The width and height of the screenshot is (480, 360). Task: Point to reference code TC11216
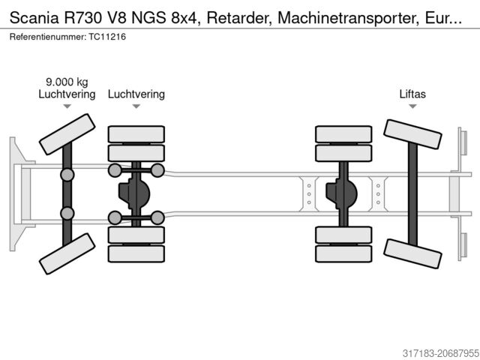[105, 37]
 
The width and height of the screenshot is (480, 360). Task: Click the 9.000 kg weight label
[67, 82]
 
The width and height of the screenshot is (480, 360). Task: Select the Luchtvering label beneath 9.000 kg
[67, 94]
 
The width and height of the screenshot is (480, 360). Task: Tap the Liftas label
[412, 94]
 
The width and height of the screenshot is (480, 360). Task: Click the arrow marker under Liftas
[412, 107]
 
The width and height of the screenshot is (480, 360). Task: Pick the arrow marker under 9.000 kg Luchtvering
[67, 107]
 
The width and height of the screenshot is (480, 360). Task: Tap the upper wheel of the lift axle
[412, 139]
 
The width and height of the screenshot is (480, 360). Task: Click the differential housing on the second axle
[134, 194]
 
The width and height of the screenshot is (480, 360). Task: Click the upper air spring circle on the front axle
[67, 175]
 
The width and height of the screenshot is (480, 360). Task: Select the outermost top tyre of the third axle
[343, 133]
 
